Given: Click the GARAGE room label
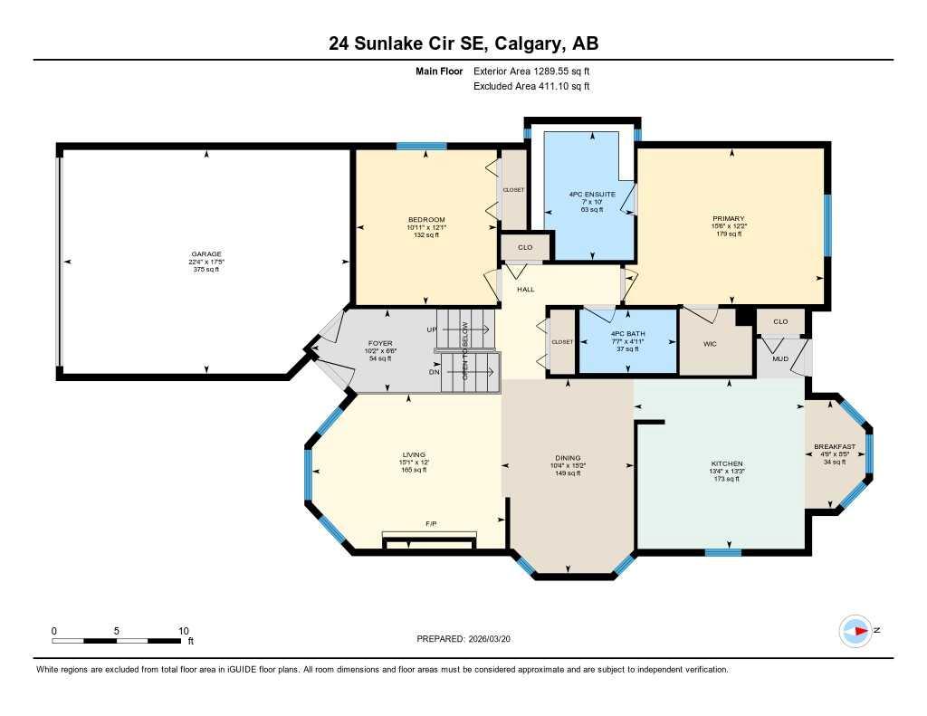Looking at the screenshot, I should pos(205,254).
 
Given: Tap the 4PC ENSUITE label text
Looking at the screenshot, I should pos(592,194).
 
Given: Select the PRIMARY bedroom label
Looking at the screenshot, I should pos(728,218).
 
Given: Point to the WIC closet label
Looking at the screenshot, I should pos(710,344).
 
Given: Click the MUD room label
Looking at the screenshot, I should pos(779,358).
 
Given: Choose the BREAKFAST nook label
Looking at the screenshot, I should pos(834,446).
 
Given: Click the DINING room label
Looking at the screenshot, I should pos(568,458).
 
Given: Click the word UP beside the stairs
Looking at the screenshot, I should pos(432,329).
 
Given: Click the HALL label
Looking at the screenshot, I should pos(525,290).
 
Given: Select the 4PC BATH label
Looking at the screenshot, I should pos(628,334).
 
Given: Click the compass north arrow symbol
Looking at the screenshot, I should pos(855,631).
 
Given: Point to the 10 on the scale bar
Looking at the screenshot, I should pos(183,631).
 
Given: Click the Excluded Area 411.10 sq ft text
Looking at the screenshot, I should pos(531,86).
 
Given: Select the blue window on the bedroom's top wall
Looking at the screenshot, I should pos(421,146).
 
